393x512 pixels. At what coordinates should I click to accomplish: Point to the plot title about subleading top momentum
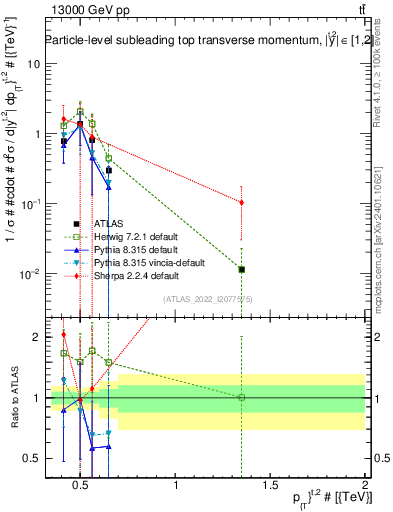[x=200, y=41]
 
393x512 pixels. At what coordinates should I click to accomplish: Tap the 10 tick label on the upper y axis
[x=31, y=63]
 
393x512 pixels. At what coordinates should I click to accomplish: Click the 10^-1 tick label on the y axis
[x=27, y=203]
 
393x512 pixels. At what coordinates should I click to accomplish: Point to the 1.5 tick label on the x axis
[x=270, y=486]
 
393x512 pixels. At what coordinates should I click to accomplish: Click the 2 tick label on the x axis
[x=364, y=486]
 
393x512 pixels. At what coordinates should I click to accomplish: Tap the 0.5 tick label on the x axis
[x=82, y=486]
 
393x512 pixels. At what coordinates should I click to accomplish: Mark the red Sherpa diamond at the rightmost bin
[x=241, y=202]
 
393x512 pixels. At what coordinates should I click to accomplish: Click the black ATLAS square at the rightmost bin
[x=241, y=269]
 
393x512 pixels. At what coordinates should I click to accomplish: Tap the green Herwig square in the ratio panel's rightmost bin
[x=241, y=398]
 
